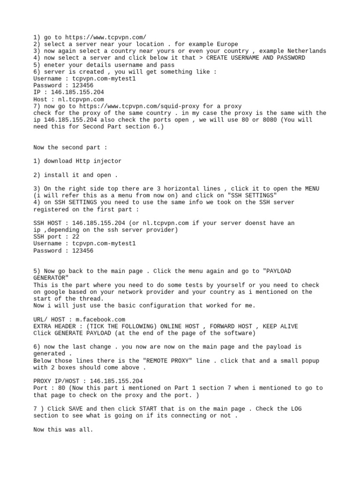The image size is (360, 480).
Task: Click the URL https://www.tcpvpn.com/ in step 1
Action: pyautogui.click(x=105, y=37)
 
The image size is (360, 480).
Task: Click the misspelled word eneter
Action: pyautogui.click(x=54, y=65)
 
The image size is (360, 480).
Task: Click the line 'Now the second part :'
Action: pyautogui.click(x=70, y=147)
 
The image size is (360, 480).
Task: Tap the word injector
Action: pyautogui.click(x=105, y=161)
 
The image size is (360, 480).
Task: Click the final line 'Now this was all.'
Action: pyautogui.click(x=63, y=429)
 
